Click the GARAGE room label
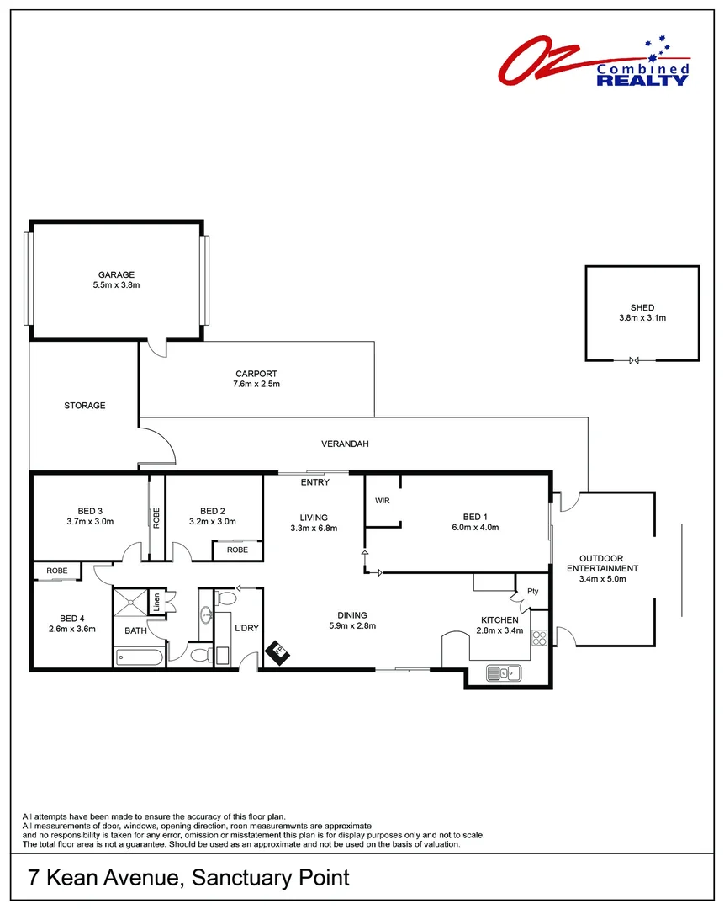click(116, 274)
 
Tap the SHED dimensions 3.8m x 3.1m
click(642, 318)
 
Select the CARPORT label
click(256, 374)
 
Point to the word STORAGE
click(85, 406)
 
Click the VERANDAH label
click(345, 444)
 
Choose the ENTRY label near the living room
click(314, 482)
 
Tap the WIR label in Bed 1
click(383, 501)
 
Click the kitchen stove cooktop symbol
click(539, 638)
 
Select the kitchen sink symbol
click(504, 672)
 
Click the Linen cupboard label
click(156, 603)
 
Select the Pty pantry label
click(532, 591)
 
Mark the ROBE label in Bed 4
click(57, 571)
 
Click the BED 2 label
click(213, 511)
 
